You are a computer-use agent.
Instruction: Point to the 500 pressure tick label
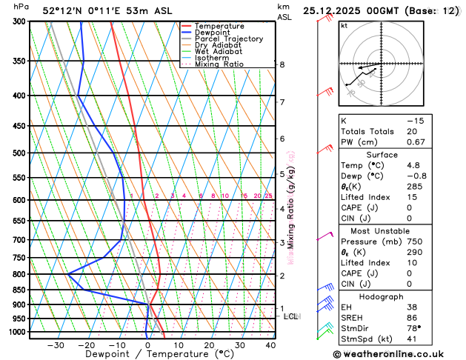pyautogui.click(x=20, y=153)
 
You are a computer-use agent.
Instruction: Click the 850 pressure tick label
pyautogui.click(x=20, y=290)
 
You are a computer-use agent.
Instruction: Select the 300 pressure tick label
pyautogui.click(x=20, y=21)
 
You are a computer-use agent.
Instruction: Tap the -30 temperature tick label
pyautogui.click(x=56, y=345)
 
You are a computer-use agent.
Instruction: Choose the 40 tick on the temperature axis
pyautogui.click(x=270, y=345)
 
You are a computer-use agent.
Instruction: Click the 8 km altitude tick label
pyautogui.click(x=282, y=64)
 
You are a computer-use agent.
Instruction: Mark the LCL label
pyautogui.click(x=291, y=316)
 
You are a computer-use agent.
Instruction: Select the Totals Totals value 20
pyautogui.click(x=412, y=131)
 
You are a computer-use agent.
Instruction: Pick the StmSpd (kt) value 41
pyautogui.click(x=412, y=340)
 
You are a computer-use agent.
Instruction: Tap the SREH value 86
pyautogui.click(x=412, y=317)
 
